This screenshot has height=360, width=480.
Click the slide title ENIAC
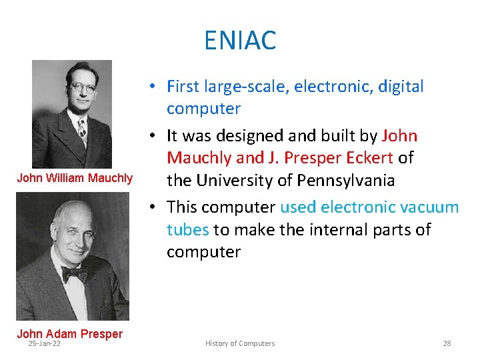tap(240, 41)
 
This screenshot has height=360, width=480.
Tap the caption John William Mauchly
tap(75, 178)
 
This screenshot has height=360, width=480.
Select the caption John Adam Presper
tap(69, 333)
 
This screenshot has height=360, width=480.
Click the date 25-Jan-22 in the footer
tap(43, 343)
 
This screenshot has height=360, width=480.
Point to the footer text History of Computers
tap(240, 343)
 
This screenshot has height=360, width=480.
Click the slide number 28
tap(447, 343)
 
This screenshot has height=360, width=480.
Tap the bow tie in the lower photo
tap(74, 273)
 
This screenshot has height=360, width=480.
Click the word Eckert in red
tap(370, 158)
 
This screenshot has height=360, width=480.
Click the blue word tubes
tap(187, 229)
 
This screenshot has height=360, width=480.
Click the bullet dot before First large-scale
tap(153, 87)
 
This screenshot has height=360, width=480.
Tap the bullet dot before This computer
tap(153, 207)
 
